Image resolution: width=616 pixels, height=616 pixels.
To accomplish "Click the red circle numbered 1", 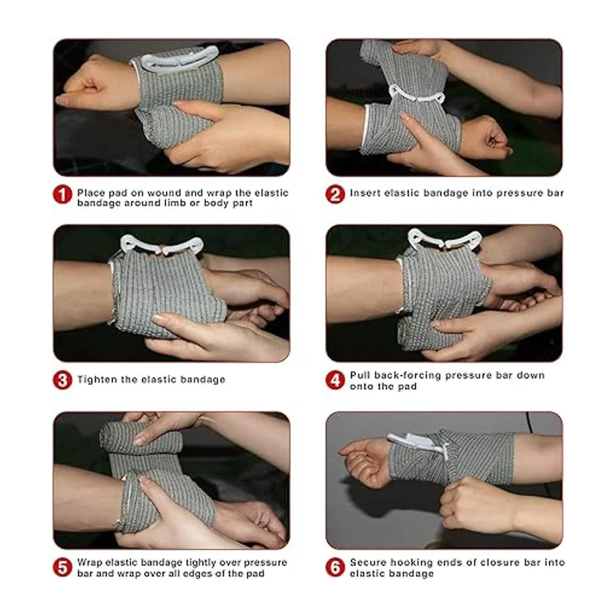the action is click(x=63, y=195).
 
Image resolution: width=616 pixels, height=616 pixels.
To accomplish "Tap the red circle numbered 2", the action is click(x=335, y=195).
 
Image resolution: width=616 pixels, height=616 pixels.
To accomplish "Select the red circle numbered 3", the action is click(x=63, y=380).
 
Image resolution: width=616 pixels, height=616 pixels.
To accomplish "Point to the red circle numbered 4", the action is click(x=335, y=380).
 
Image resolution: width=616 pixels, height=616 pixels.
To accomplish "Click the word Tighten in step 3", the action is click(x=97, y=379).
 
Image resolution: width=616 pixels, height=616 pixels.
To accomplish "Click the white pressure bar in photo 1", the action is click(x=178, y=59).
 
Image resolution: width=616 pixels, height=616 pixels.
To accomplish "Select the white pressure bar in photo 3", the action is click(x=161, y=245).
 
